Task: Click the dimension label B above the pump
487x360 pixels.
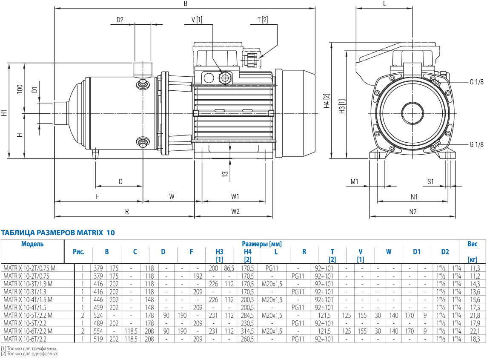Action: click(186, 4)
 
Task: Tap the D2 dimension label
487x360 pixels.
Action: click(120, 20)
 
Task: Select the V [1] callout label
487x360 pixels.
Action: click(197, 20)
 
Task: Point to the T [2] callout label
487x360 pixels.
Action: click(263, 20)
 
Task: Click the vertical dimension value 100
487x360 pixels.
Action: click(20, 89)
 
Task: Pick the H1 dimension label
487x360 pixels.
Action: click(4, 113)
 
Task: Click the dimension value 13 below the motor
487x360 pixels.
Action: click(225, 174)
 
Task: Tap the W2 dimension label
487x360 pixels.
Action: click(235, 211)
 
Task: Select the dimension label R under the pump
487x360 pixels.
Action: click(127, 211)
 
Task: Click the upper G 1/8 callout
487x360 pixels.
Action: click(476, 82)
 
